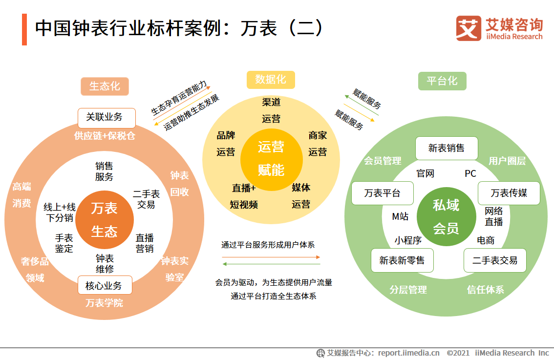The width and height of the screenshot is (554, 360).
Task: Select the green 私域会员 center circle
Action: click(x=446, y=216)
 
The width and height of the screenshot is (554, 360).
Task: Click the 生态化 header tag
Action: click(x=104, y=86)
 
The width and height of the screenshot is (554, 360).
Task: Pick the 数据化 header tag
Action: click(x=271, y=80)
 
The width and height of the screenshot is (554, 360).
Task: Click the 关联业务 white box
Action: click(x=107, y=118)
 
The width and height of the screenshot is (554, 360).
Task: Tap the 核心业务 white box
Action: click(x=105, y=285)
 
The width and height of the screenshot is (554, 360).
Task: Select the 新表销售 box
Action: click(x=446, y=148)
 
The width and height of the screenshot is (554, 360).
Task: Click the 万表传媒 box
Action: click(x=509, y=193)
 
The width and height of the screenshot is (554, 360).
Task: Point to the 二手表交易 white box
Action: click(x=494, y=260)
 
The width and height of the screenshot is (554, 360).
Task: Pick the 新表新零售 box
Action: click(x=402, y=260)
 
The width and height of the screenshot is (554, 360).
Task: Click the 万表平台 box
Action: click(x=383, y=193)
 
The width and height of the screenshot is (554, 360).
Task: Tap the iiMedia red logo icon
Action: click(x=468, y=28)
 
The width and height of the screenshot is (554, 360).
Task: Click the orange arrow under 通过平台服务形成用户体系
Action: click(x=271, y=256)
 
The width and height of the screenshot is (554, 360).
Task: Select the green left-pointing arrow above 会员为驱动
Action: click(x=271, y=264)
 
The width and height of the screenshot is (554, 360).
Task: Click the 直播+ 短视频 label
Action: click(x=244, y=196)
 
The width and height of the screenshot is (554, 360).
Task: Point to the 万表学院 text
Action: click(x=104, y=303)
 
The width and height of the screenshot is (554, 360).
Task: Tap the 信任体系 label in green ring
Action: click(x=485, y=290)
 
